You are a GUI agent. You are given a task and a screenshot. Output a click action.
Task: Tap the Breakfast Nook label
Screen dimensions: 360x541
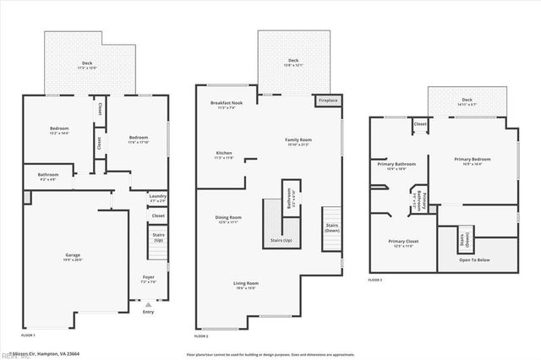pyautogui.click(x=226, y=103)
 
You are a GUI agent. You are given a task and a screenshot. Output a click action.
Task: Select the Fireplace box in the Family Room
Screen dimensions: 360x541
pyautogui.click(x=326, y=100)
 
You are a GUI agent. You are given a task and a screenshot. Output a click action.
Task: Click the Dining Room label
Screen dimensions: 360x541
pyautogui.click(x=228, y=219)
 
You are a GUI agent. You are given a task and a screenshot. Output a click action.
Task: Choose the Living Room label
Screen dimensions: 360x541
pyautogui.click(x=246, y=284)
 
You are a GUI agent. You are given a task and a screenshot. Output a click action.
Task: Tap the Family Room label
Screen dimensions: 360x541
pyautogui.click(x=298, y=140)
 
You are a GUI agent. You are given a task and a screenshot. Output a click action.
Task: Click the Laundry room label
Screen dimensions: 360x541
pyautogui.click(x=157, y=197)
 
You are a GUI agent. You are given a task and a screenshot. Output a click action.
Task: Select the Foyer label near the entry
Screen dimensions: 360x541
pyautogui.click(x=148, y=278)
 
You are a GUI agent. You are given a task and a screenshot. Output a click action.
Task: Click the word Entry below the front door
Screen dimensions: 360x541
pyautogui.click(x=149, y=312)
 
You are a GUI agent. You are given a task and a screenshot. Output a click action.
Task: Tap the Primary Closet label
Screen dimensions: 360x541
pyautogui.click(x=402, y=243)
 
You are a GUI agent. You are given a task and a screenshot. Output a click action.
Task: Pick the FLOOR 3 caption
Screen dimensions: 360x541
pyautogui.click(x=375, y=280)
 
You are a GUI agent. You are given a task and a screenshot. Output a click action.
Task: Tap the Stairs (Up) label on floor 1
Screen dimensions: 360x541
pyautogui.click(x=157, y=239)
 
